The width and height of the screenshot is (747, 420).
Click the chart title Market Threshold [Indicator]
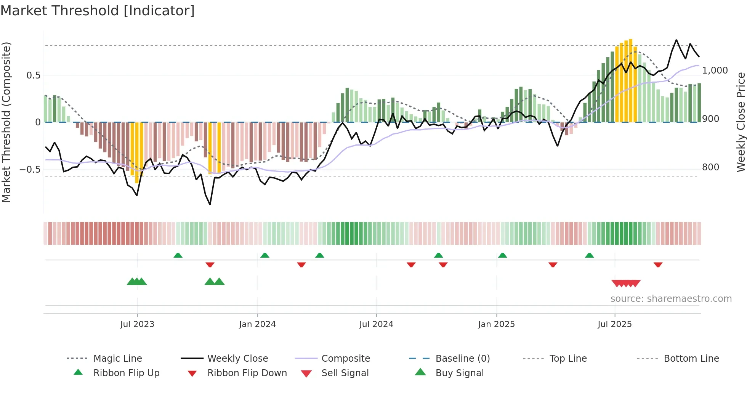[98, 11]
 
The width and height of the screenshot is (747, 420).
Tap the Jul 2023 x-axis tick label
[137, 324]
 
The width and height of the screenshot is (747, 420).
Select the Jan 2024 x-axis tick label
[257, 324]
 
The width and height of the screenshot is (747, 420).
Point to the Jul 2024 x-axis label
[376, 324]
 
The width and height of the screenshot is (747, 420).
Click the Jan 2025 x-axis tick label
[496, 324]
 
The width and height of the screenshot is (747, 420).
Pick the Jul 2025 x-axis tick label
[614, 324]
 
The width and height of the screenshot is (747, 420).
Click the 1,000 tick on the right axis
[715, 71]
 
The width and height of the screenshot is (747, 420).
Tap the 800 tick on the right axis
[710, 167]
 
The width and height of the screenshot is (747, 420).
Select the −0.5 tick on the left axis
[30, 169]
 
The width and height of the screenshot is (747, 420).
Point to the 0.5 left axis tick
[34, 75]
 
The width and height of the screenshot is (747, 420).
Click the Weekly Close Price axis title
[741, 122]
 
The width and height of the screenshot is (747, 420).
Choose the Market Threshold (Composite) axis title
[6, 122]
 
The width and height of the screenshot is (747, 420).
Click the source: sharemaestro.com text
[671, 299]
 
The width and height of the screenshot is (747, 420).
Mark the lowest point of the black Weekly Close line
[210, 205]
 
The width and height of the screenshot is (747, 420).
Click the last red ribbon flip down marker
[658, 265]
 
